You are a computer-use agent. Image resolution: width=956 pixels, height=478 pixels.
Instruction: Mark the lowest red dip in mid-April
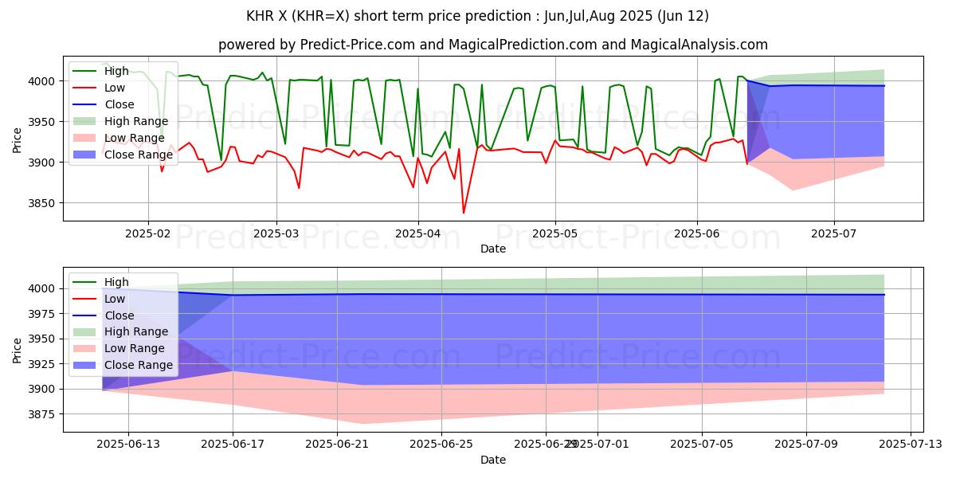point(464,213)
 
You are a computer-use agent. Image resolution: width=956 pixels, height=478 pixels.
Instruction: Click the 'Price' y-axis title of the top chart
point(18,140)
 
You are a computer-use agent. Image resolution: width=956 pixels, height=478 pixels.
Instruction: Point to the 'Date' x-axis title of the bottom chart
point(493,460)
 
